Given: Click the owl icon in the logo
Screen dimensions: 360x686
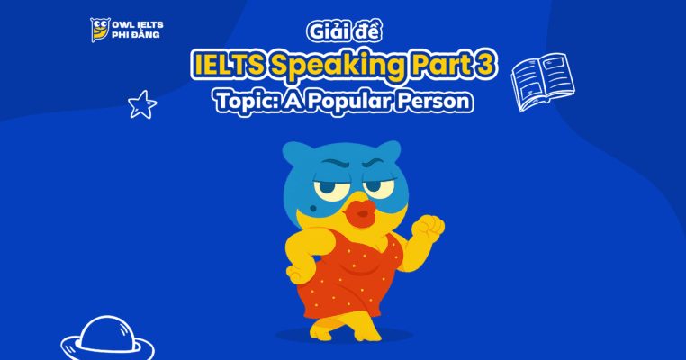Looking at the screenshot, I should pos(99,30).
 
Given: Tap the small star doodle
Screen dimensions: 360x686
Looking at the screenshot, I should pos(141,105).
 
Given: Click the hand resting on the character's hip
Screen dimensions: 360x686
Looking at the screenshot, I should pos(296,270).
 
